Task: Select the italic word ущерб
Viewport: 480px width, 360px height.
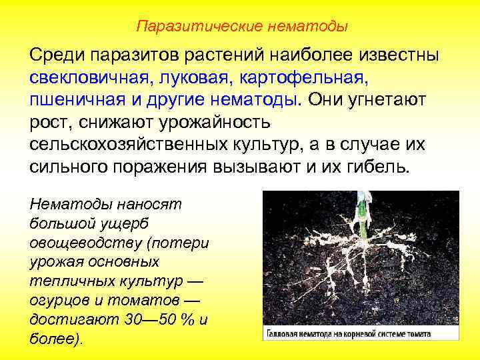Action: (x=126, y=221)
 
